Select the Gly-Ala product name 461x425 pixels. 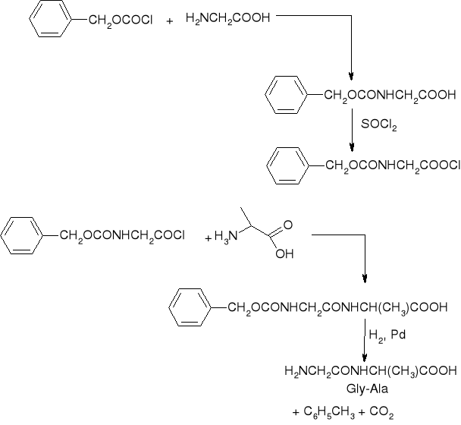coord(370,387)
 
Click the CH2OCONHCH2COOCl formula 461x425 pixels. coord(394,165)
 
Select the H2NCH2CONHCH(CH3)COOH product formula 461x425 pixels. coord(370,371)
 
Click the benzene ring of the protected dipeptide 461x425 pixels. coord(189,307)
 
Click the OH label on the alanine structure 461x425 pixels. coord(284,253)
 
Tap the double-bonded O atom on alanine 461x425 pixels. coord(287,225)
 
